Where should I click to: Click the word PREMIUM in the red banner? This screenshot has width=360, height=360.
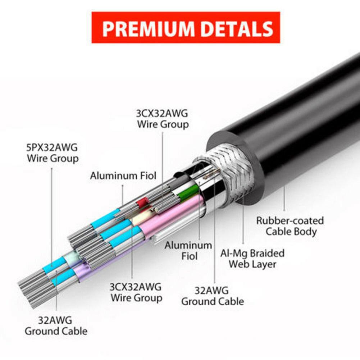coord(149,29)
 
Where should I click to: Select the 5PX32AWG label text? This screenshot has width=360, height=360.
coord(52,147)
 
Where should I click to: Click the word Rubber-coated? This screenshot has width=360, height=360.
coord(290,220)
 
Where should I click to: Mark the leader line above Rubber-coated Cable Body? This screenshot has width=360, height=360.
coord(284,198)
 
